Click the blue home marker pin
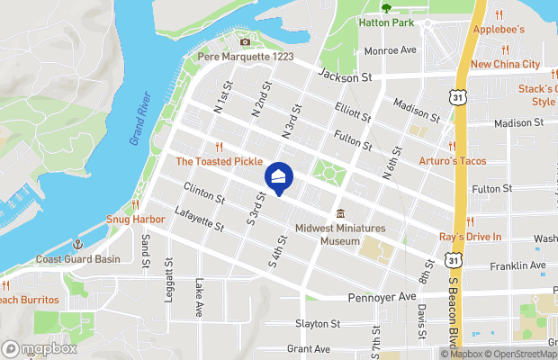278,177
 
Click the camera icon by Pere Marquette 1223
245,41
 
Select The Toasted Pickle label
219,162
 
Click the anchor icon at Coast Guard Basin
78,245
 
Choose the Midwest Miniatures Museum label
340,235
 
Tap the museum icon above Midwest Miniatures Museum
340,214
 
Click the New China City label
505,65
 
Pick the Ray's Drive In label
470,237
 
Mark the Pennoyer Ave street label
382,295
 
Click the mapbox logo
40,348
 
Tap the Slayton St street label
318,324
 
